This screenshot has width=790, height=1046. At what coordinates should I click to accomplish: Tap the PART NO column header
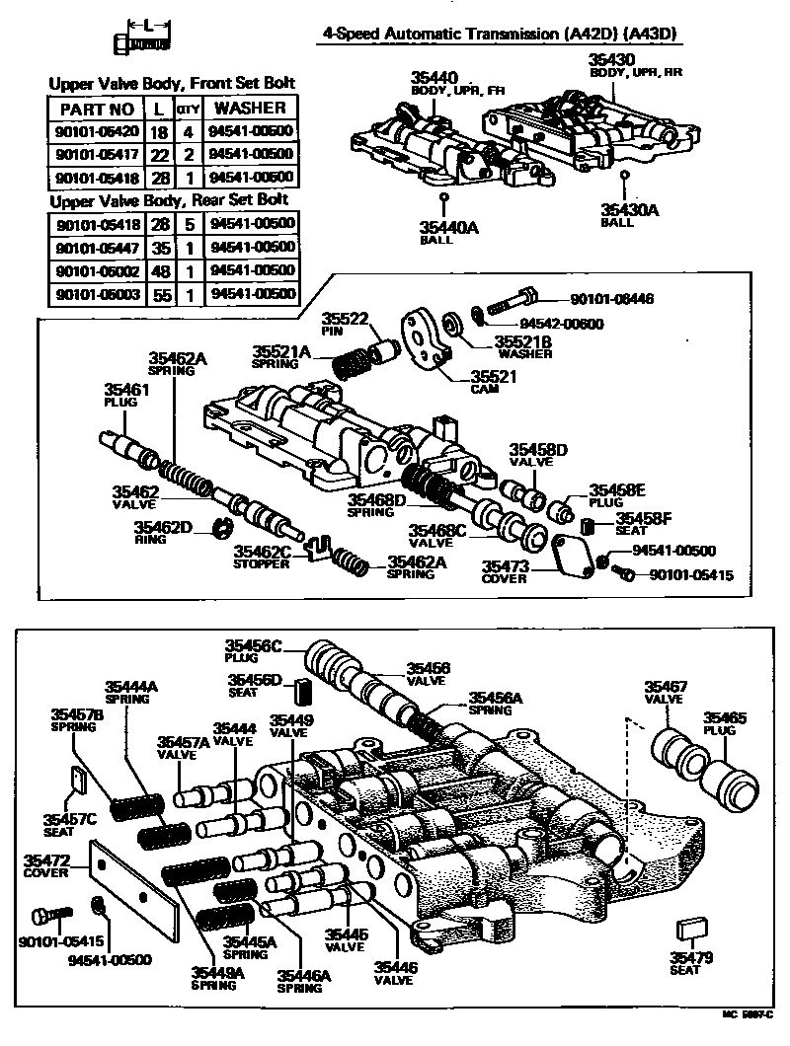96,108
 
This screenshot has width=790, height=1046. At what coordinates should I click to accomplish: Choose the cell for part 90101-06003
96,293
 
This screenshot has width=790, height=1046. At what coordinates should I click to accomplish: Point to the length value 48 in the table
158,269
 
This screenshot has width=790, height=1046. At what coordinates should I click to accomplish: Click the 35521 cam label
492,377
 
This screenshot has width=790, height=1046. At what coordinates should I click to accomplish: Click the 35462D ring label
164,527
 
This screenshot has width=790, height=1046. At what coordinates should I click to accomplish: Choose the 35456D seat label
256,680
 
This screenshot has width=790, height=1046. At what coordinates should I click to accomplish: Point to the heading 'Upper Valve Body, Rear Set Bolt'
173,201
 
